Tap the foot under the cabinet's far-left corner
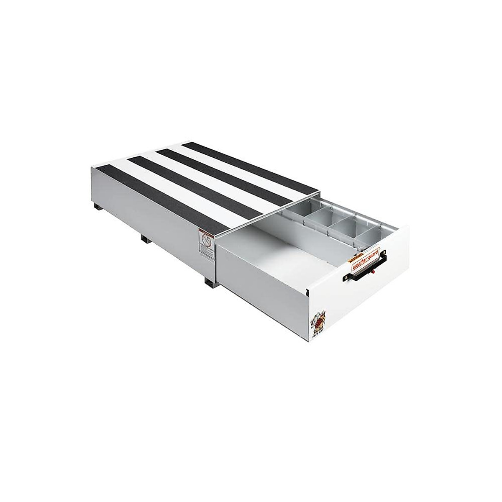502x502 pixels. tap(97, 207)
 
